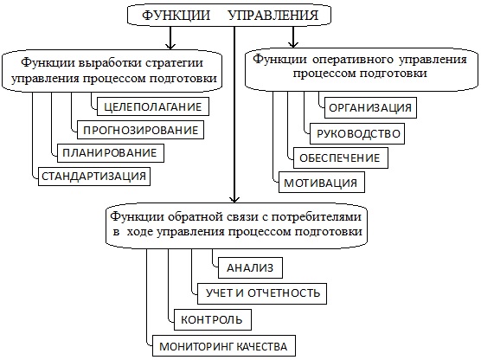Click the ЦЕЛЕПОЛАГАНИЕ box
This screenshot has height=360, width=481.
click(x=153, y=106)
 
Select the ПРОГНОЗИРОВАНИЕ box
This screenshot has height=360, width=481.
click(x=140, y=130)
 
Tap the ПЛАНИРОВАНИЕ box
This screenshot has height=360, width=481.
click(x=111, y=153)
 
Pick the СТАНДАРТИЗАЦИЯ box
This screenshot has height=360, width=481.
click(x=94, y=177)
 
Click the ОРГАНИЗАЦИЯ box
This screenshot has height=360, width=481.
click(x=370, y=107)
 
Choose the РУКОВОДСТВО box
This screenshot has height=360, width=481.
click(x=357, y=133)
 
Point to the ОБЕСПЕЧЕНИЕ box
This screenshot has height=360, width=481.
click(x=341, y=157)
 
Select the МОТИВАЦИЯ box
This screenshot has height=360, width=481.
click(x=322, y=183)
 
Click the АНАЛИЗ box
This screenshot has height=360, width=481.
click(x=250, y=267)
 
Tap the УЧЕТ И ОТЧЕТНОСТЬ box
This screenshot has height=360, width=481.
click(x=262, y=293)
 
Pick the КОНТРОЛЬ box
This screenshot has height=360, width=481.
click(x=213, y=320)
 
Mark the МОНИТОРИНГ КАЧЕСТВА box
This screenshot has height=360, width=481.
click(x=223, y=346)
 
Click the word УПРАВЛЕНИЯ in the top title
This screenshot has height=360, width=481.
click(x=273, y=15)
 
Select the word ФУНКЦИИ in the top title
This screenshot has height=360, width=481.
click(x=176, y=15)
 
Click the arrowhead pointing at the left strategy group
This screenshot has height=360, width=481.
click(x=170, y=46)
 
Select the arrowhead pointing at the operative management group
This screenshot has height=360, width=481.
click(x=293, y=44)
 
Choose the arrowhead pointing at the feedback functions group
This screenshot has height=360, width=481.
click(x=234, y=200)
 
